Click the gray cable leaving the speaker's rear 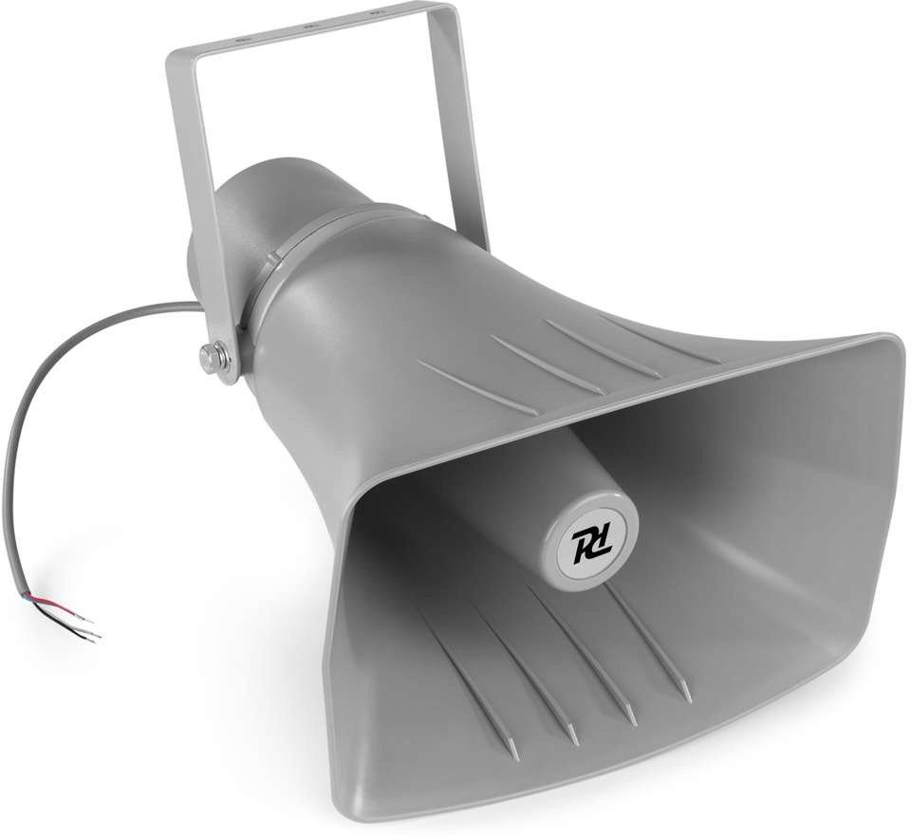57,380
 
